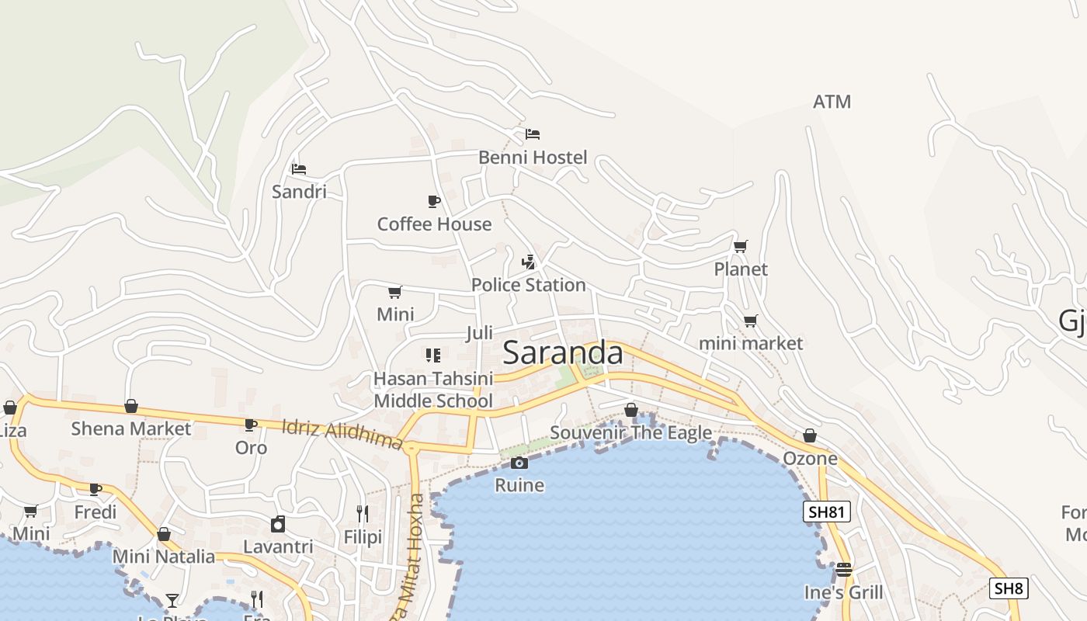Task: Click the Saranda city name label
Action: pyautogui.click(x=563, y=353)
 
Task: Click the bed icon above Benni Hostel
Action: pyautogui.click(x=533, y=134)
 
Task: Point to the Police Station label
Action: pyautogui.click(x=528, y=285)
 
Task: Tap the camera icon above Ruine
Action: pyautogui.click(x=519, y=463)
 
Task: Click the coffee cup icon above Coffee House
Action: pyautogui.click(x=434, y=202)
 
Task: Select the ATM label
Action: pyautogui.click(x=832, y=102)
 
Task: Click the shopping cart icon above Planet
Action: pyautogui.click(x=741, y=247)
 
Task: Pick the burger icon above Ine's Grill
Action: pyautogui.click(x=844, y=570)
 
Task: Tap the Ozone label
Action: pyautogui.click(x=810, y=458)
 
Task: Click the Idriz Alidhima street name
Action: pyautogui.click(x=342, y=435)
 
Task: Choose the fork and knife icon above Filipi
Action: pyautogui.click(x=362, y=514)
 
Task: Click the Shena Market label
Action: pyautogui.click(x=130, y=428)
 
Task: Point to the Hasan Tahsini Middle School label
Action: pyautogui.click(x=433, y=390)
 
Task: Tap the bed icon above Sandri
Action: pyautogui.click(x=299, y=169)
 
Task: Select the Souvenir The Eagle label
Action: pyautogui.click(x=630, y=432)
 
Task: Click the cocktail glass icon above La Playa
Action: pyautogui.click(x=172, y=600)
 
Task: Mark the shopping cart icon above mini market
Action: pyautogui.click(x=751, y=321)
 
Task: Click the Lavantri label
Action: pyautogui.click(x=278, y=546)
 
